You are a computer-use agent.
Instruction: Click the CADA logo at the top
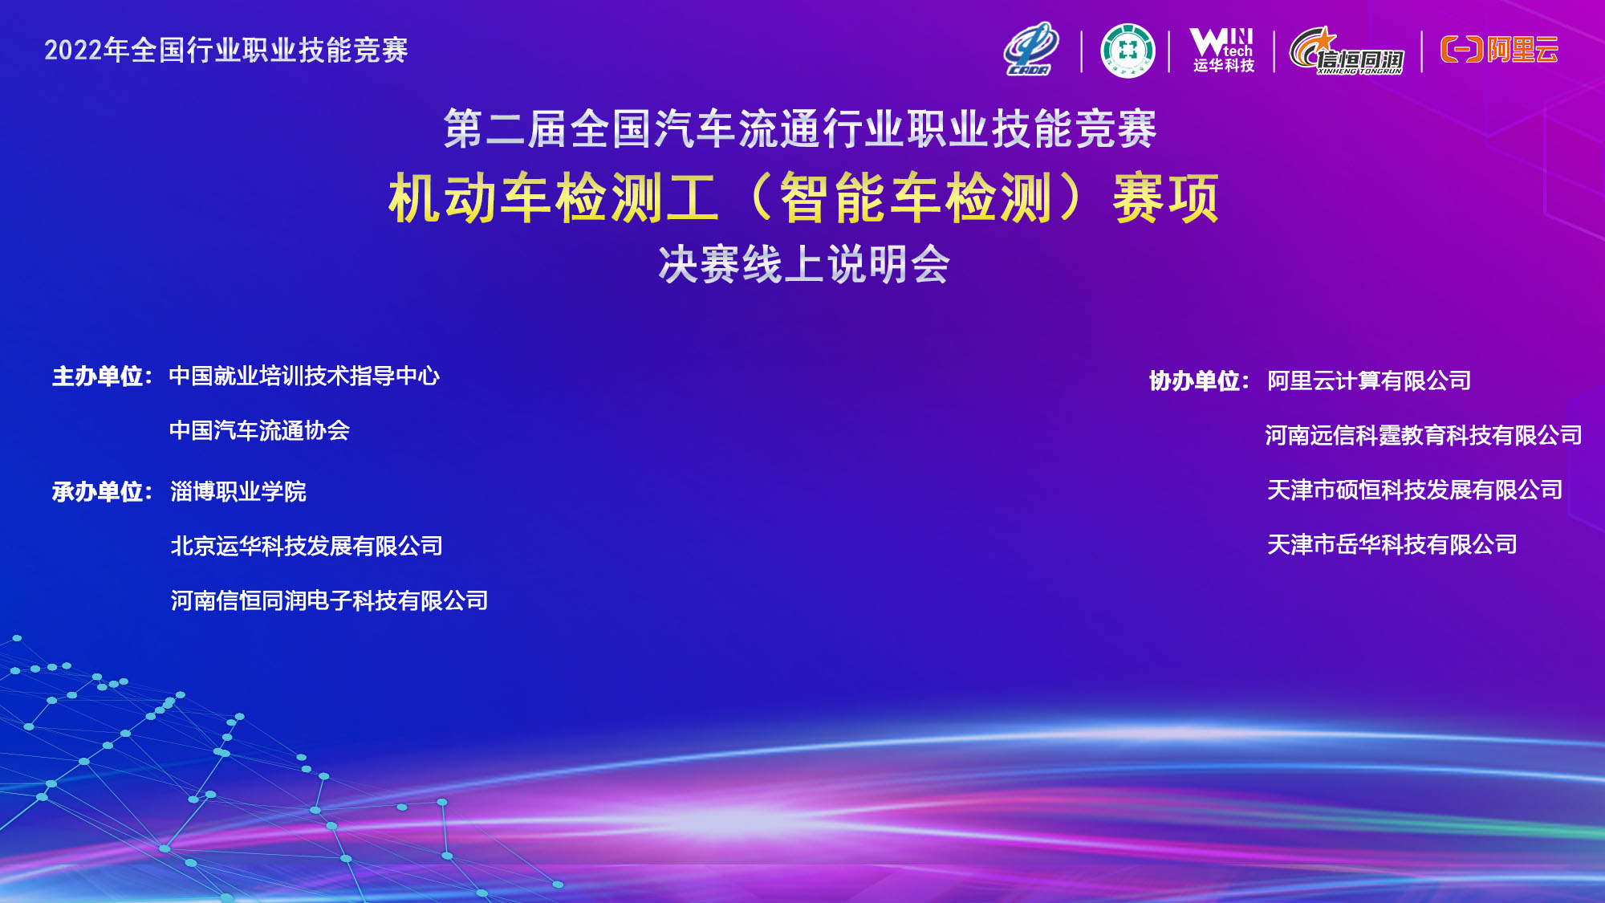(x=1031, y=50)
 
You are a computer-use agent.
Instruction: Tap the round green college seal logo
(x=1128, y=51)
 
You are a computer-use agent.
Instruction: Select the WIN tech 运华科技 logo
(x=1223, y=50)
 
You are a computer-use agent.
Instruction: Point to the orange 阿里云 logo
(x=1499, y=50)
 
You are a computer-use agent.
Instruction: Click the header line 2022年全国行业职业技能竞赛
(x=226, y=50)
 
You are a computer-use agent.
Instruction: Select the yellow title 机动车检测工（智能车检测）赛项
(x=803, y=197)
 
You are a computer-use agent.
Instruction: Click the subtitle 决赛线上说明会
(x=804, y=264)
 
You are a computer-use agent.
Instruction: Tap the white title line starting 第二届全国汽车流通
(x=800, y=128)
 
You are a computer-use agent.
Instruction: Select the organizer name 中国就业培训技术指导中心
(x=304, y=376)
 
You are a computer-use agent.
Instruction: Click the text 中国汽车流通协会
(x=259, y=430)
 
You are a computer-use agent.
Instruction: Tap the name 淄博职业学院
(x=238, y=491)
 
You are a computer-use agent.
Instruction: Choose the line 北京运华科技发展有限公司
(x=307, y=546)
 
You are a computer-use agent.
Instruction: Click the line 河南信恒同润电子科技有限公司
(x=329, y=600)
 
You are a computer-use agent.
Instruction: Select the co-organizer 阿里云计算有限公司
(x=1369, y=380)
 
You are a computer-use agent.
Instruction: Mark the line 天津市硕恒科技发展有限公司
(x=1415, y=490)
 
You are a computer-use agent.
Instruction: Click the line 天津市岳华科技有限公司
(x=1392, y=544)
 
